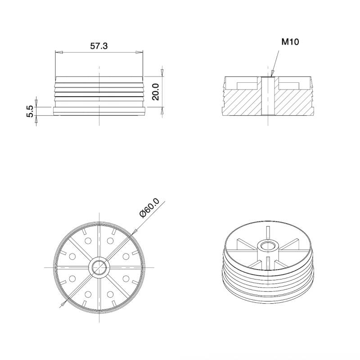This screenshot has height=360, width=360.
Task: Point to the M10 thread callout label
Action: [290, 42]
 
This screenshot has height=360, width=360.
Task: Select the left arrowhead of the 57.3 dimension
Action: [58, 53]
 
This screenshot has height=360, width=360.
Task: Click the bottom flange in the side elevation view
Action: [99, 110]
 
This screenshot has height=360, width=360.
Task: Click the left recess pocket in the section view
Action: [246, 85]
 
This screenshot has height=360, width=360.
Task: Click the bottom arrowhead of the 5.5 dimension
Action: [36, 120]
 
